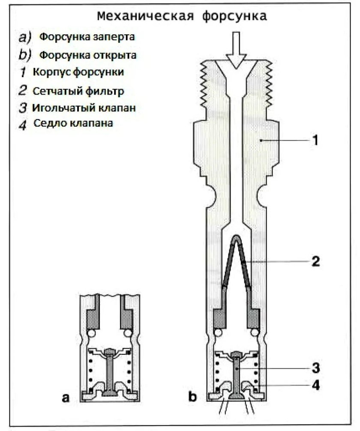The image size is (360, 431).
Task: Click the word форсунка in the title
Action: pos(234,16)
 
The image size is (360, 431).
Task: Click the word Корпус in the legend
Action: pos(52,72)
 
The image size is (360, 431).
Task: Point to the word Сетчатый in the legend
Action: pos(57,91)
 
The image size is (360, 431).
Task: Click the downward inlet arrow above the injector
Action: pos(236,50)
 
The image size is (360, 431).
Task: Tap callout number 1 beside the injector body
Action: pos(315,140)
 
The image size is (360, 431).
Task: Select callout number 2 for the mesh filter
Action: pos(315,261)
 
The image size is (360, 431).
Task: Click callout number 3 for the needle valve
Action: pos(316,368)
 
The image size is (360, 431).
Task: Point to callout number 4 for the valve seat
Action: pos(316,385)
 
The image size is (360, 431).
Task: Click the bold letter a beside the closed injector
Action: pos(66,397)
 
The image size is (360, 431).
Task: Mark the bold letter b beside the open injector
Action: pos(192,397)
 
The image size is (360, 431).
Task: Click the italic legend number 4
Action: pos(23,125)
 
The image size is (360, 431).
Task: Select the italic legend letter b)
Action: pos(25,55)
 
